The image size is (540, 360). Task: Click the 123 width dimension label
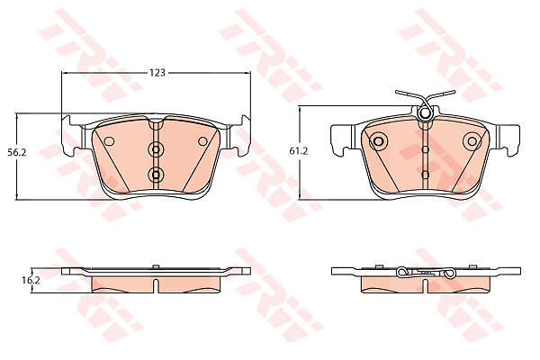click(157, 73)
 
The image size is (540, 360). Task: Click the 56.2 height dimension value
click(16, 152)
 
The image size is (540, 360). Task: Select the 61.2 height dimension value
click(298, 151)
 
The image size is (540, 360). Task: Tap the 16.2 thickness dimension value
click(31, 280)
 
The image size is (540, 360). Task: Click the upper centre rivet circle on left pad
click(156, 149)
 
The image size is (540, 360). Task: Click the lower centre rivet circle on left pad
click(156, 175)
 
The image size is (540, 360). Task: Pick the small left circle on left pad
click(109, 141)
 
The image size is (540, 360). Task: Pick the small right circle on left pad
click(202, 141)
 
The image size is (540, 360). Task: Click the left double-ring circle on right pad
click(378, 141)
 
